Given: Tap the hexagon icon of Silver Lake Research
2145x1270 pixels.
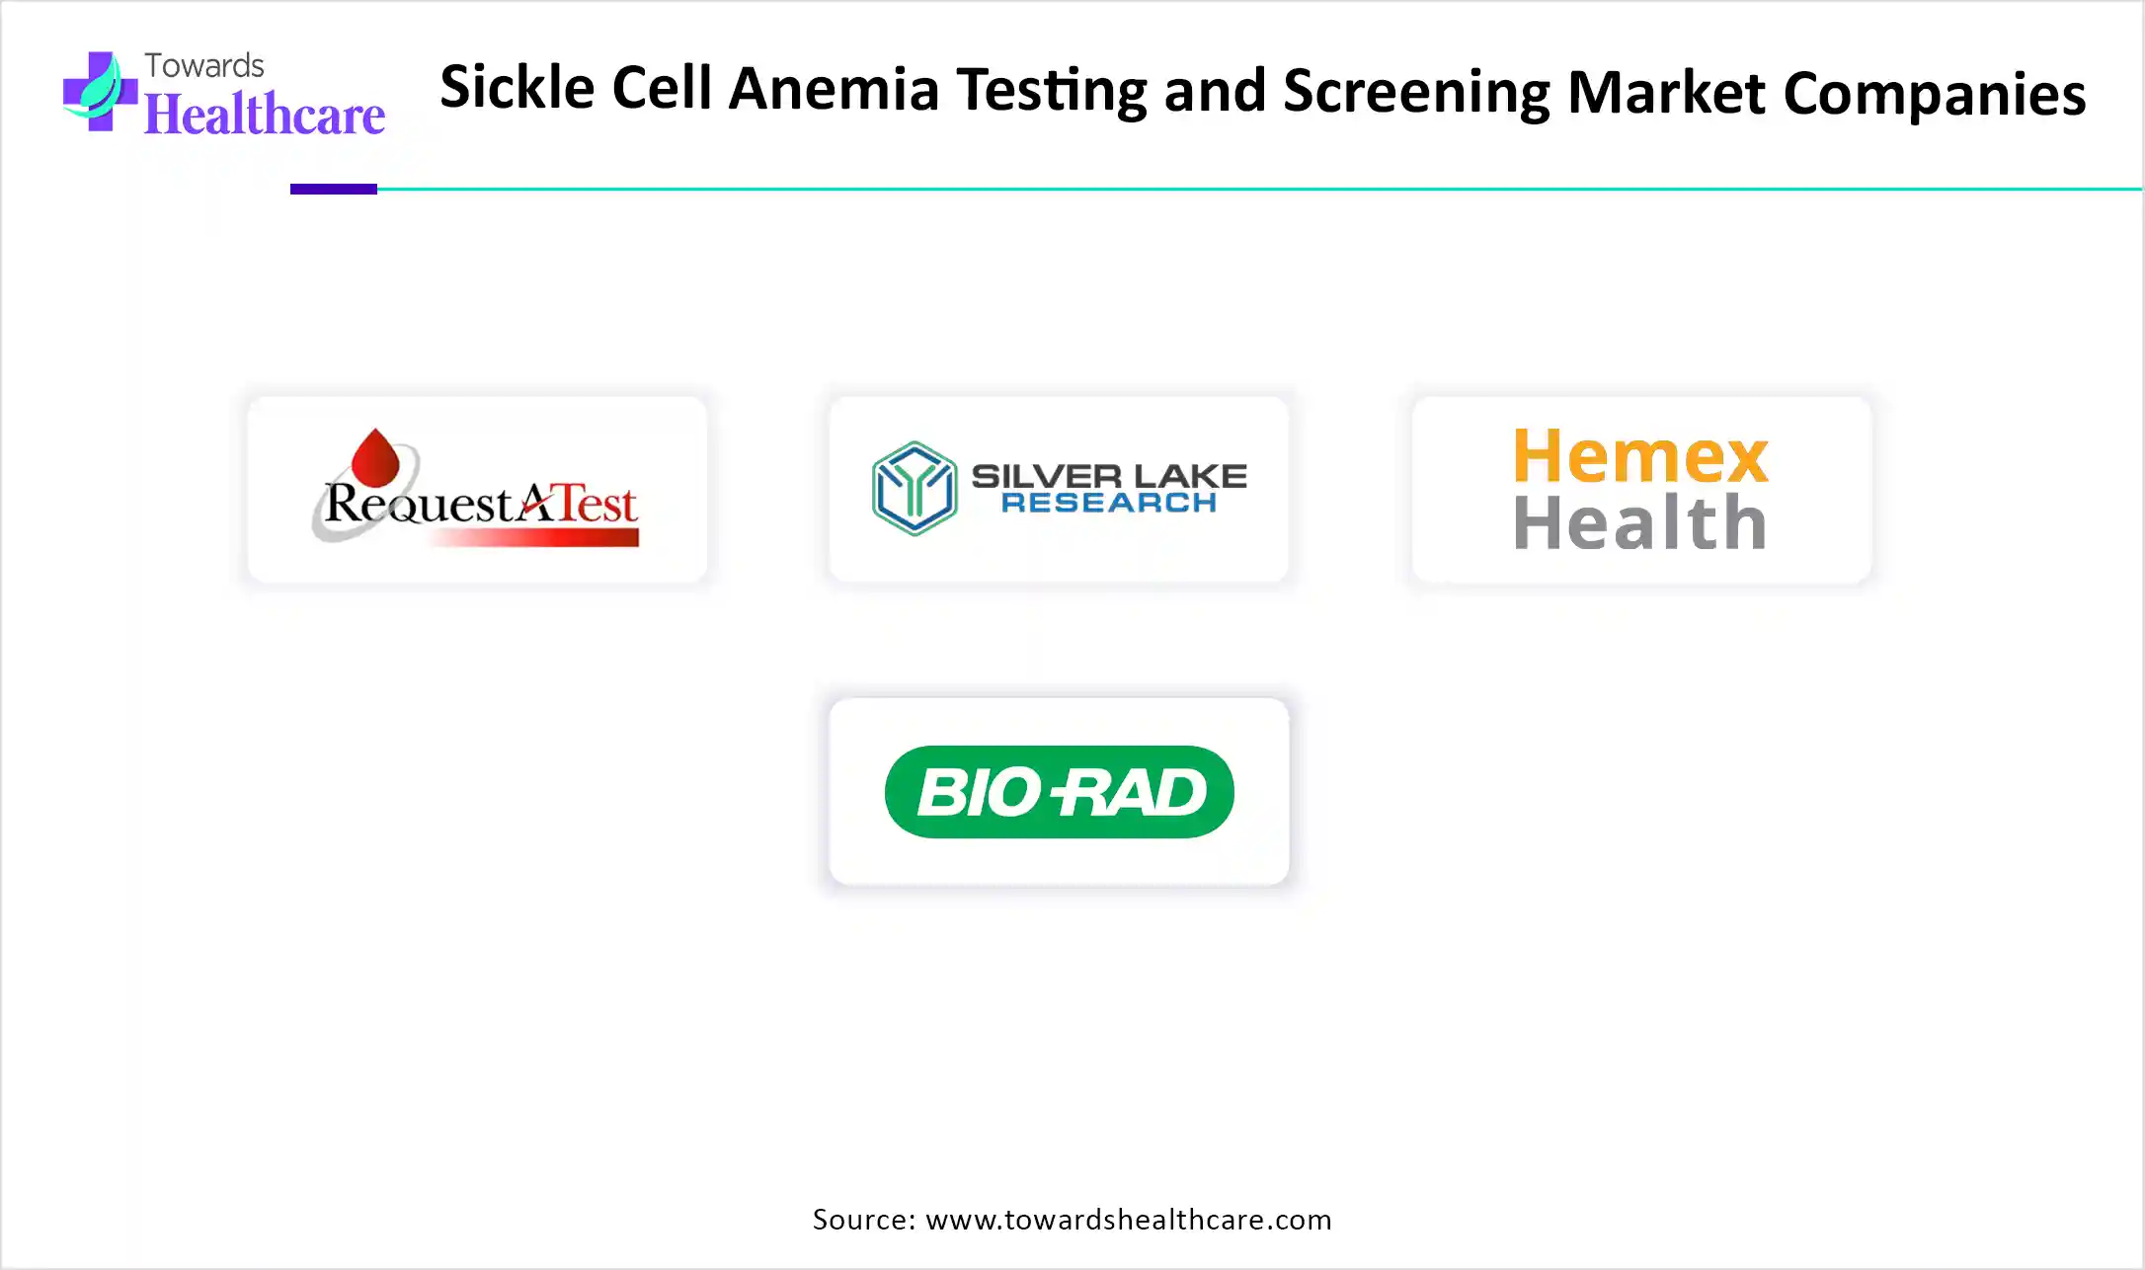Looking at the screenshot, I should click(914, 488).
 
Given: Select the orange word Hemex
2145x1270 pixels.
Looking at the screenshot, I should click(1640, 456).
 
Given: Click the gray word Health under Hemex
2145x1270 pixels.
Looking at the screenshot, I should click(1640, 522).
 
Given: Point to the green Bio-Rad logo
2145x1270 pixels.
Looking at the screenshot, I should click(1059, 792).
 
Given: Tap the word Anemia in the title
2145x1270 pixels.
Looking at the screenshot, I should click(834, 90).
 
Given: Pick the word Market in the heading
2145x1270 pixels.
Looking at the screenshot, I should click(1665, 93).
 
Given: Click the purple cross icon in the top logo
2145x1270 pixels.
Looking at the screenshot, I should click(99, 92).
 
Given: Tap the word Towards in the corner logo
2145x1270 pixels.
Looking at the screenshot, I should click(204, 65).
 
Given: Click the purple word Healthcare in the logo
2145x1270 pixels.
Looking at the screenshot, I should click(265, 115).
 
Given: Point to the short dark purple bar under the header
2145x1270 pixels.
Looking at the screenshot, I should click(333, 189).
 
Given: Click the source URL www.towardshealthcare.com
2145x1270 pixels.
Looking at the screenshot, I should click(1129, 1220).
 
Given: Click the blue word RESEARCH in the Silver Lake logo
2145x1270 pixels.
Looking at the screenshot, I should click(1108, 503).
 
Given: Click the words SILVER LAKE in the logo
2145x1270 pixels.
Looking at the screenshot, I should click(1108, 476).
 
